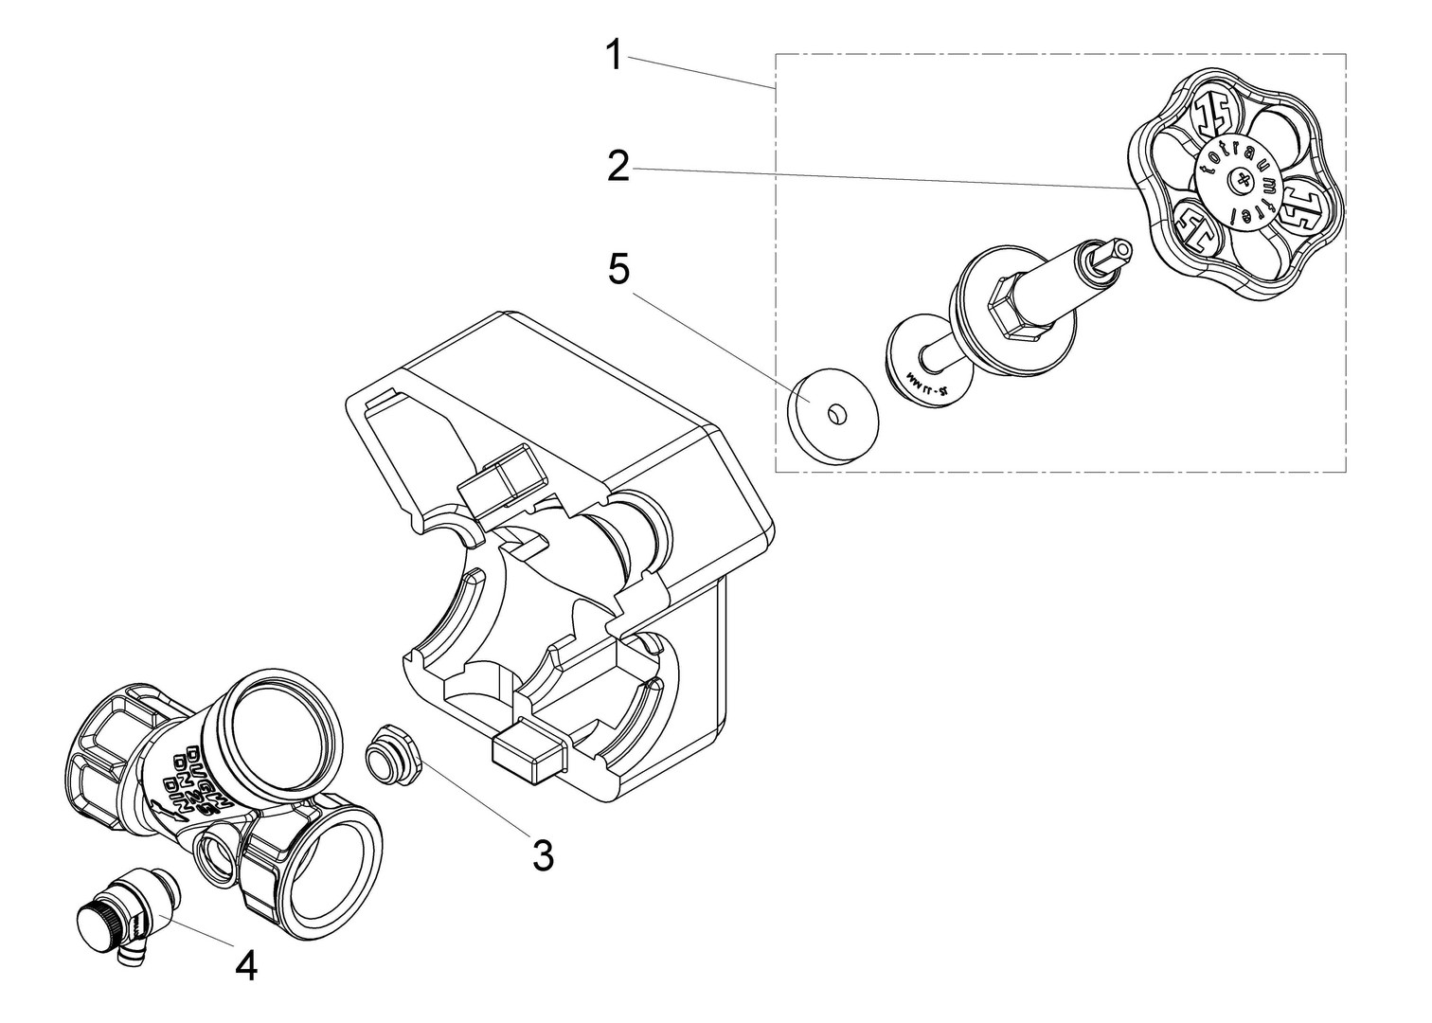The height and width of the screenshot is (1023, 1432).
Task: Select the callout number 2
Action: [618, 167]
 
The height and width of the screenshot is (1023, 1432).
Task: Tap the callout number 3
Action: [542, 855]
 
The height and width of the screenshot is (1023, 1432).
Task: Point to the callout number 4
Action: [246, 965]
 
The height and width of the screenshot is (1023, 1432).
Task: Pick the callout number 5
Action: [618, 269]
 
